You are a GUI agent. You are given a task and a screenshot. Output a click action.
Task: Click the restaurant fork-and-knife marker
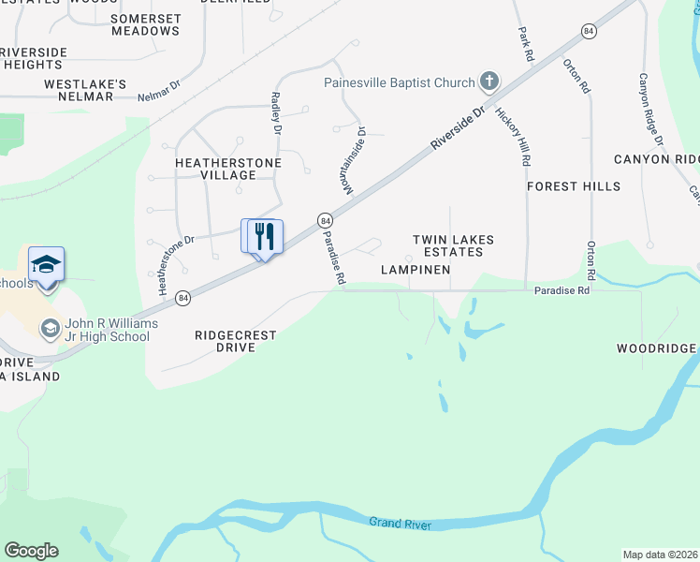pyautogui.click(x=263, y=235)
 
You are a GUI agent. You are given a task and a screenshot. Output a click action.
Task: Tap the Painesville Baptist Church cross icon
pyautogui.click(x=489, y=82)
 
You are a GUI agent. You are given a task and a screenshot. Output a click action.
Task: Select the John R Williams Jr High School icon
pyautogui.click(x=49, y=329)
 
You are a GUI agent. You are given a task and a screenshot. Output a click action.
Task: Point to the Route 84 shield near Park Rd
pyautogui.click(x=588, y=31)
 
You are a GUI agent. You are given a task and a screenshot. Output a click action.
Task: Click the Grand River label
pyautogui.click(x=400, y=523)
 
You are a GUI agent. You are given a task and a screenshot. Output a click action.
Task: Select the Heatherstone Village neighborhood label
pyautogui.click(x=215, y=169)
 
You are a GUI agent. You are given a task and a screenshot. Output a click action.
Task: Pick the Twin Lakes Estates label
pyautogui.click(x=454, y=245)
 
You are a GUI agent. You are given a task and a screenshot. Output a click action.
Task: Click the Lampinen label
pyautogui.click(x=416, y=270)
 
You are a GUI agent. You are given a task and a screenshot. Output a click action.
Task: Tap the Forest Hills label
pyautogui.click(x=573, y=186)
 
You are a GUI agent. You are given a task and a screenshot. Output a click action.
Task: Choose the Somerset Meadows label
pyautogui.click(x=145, y=24)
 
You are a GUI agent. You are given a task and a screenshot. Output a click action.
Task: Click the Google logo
pyautogui.click(x=31, y=551)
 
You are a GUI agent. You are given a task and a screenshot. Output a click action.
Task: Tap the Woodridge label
pyautogui.click(x=656, y=348)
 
